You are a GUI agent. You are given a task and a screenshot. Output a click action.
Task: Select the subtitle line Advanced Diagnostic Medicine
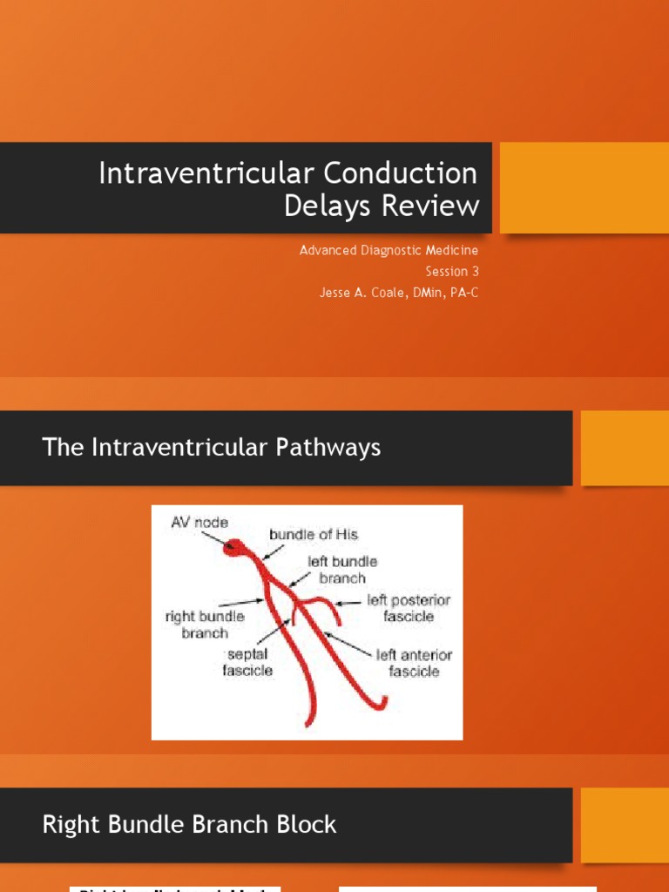389,250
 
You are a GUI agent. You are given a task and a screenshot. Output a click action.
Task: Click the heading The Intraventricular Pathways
212,448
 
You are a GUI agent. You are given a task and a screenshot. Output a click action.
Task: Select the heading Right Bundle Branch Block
189,824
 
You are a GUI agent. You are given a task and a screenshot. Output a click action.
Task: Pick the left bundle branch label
341,570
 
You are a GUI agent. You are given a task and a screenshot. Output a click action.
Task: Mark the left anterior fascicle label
414,663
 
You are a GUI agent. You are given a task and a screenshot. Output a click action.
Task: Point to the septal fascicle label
250,661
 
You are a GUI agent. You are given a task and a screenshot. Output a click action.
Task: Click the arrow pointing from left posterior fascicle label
348,602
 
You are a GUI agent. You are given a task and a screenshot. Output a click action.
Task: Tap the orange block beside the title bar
584,188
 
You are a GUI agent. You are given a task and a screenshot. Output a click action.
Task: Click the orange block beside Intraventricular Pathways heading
625,448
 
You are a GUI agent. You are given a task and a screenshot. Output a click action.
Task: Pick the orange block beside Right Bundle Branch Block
625,824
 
